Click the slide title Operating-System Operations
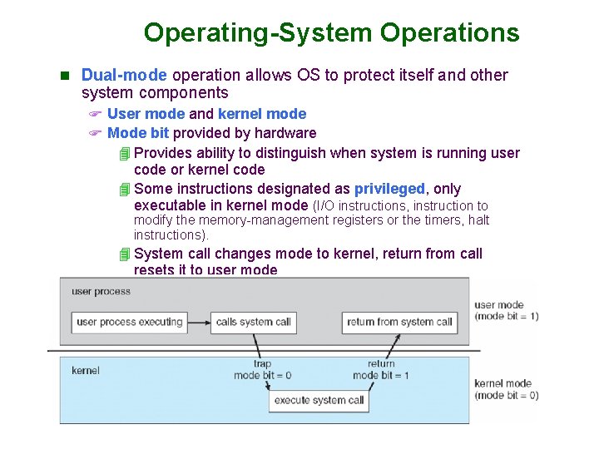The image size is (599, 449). (331, 32)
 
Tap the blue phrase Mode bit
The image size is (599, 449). (138, 133)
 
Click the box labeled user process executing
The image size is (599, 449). (129, 322)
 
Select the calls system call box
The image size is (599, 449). (253, 322)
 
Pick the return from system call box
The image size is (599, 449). (399, 322)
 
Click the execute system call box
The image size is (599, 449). (319, 400)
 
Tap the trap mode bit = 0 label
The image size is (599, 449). (262, 369)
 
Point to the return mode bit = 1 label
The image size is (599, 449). (381, 369)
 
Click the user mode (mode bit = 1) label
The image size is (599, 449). (505, 310)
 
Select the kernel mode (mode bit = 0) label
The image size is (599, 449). (505, 389)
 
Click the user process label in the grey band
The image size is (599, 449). (101, 292)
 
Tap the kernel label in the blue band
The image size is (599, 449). (86, 370)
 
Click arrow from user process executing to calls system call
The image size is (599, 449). (198, 322)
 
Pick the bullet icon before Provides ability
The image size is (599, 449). (125, 153)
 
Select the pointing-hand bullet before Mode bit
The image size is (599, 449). (95, 133)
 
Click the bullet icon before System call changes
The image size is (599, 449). (125, 254)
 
